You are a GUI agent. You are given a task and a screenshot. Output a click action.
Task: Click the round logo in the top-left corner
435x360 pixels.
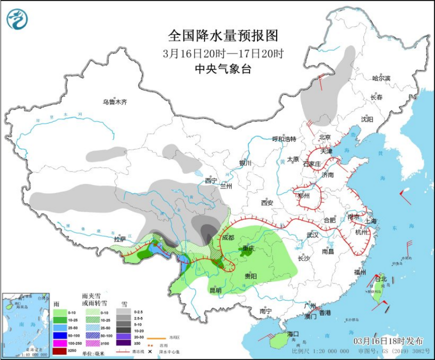17,19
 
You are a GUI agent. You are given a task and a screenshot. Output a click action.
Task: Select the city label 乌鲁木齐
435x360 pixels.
115,102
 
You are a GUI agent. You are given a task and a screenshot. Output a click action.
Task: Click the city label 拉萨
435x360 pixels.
120,239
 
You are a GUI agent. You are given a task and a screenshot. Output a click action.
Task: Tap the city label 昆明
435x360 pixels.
215,290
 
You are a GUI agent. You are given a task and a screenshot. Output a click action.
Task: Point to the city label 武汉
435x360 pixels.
313,234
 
